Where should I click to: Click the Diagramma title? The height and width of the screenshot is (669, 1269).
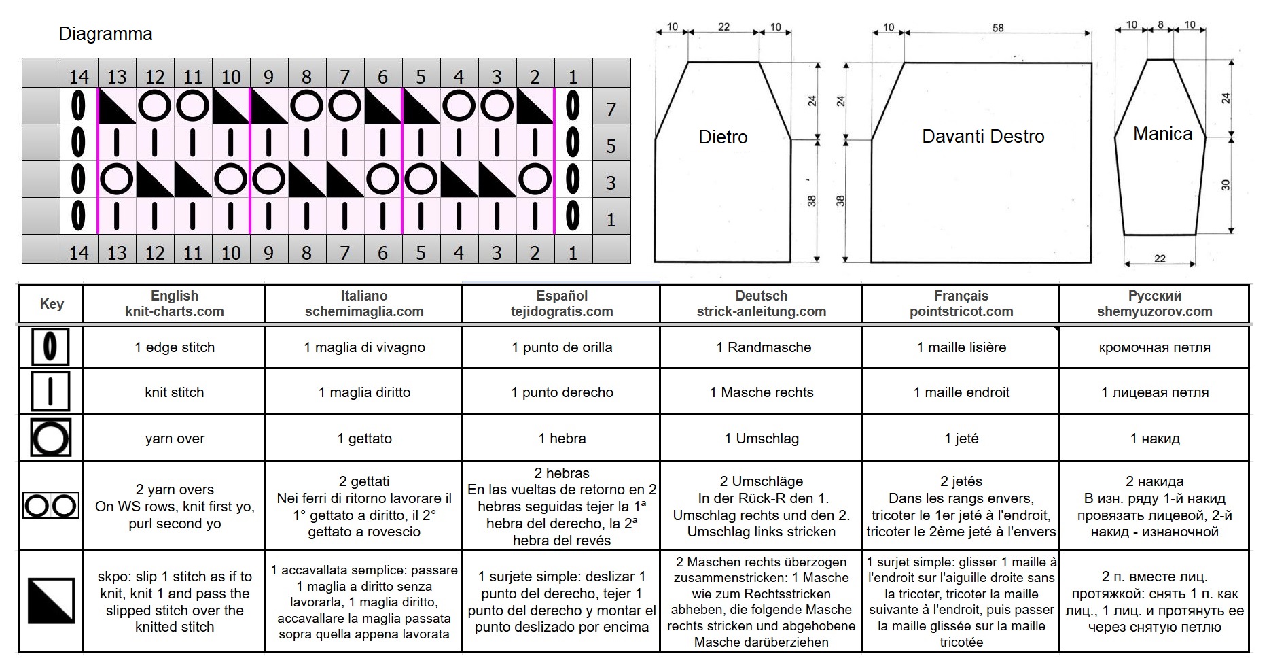(105, 34)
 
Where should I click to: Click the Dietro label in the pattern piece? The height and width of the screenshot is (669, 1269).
(723, 137)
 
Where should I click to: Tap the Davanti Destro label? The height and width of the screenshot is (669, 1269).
(983, 136)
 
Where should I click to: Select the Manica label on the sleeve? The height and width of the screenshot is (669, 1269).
(1162, 134)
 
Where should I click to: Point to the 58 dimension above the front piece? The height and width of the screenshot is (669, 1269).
(997, 28)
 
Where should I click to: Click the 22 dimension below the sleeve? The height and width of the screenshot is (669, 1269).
(1160, 258)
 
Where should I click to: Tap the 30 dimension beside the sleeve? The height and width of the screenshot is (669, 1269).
(1226, 184)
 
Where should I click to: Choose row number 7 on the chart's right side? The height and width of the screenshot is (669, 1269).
(611, 109)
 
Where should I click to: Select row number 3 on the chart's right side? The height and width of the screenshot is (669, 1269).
(611, 182)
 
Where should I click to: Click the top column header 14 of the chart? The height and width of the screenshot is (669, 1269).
(79, 76)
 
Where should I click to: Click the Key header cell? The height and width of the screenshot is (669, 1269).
(52, 303)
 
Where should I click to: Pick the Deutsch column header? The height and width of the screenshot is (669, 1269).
(761, 303)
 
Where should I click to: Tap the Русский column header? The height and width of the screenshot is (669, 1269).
(1154, 303)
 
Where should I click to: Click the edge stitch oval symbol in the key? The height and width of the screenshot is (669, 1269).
(50, 347)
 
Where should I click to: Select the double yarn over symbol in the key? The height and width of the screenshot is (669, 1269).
(51, 506)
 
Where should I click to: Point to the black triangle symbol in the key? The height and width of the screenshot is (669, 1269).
(51, 600)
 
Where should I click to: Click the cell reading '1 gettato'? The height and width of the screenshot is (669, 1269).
(364, 439)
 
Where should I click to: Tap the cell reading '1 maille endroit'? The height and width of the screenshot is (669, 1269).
(961, 392)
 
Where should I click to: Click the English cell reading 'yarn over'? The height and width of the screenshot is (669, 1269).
(175, 439)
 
